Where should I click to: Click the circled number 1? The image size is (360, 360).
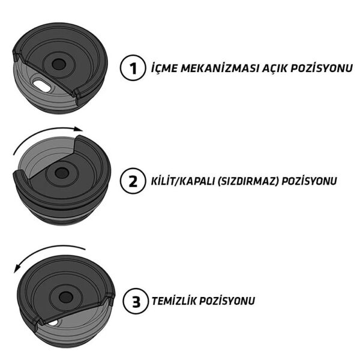coord(132,68)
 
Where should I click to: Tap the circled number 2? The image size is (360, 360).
coord(132,181)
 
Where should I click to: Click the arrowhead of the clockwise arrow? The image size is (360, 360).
coord(79,129)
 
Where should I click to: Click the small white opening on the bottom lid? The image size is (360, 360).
coord(55,322)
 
